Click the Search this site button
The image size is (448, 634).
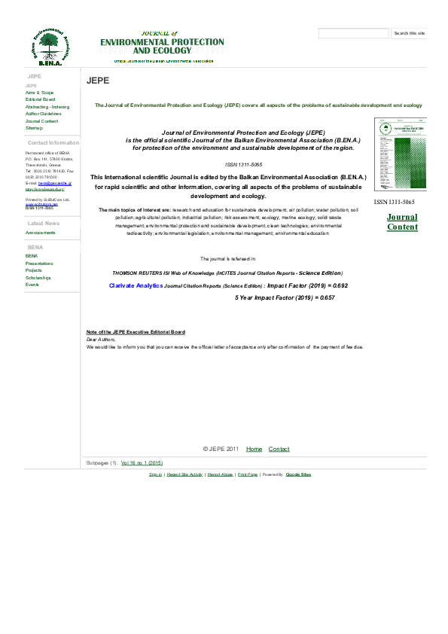pyautogui.click(x=410, y=33)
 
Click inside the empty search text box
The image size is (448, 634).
pyautogui.click(x=353, y=33)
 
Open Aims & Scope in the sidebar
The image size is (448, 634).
pyautogui.click(x=39, y=93)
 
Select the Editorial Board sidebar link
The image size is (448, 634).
pyautogui.click(x=40, y=99)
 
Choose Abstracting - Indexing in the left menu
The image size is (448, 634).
pyautogui.click(x=47, y=107)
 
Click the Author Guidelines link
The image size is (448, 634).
pyautogui.click(x=43, y=114)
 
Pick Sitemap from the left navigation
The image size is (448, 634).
pyautogui.click(x=34, y=128)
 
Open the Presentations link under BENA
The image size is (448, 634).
pyautogui.click(x=39, y=264)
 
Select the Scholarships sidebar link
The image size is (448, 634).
pyautogui.click(x=38, y=278)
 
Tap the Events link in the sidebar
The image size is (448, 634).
pyautogui.click(x=32, y=285)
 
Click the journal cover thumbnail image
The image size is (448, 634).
pyautogui.click(x=394, y=156)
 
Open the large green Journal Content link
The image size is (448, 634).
pyautogui.click(x=402, y=222)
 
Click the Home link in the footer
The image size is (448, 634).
pyautogui.click(x=254, y=449)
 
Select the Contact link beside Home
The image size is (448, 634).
pyautogui.click(x=279, y=449)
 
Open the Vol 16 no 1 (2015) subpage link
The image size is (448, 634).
pyautogui.click(x=142, y=462)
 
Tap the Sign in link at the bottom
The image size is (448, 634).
pyautogui.click(x=155, y=474)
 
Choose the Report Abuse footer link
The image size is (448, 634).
pyautogui.click(x=220, y=474)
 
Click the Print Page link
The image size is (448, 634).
pyautogui.click(x=248, y=474)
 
